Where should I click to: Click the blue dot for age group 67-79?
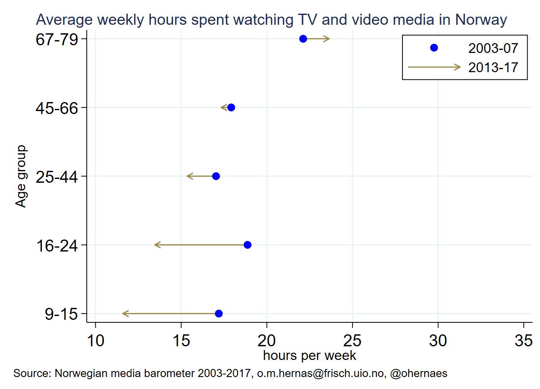tap(303, 39)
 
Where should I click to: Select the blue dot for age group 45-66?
tap(231, 108)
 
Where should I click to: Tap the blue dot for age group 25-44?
tap(216, 176)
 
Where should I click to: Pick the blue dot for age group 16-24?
tap(247, 245)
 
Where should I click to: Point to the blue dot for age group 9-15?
tap(219, 314)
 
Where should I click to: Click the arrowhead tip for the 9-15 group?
tap(123, 314)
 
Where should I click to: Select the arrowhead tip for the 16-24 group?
tap(155, 245)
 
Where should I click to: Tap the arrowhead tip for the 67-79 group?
tap(329, 39)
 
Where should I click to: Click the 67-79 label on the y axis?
tap(56, 39)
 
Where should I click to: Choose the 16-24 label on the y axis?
tap(56, 246)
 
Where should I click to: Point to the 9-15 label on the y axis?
tap(61, 315)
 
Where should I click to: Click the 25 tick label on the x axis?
tap(352, 341)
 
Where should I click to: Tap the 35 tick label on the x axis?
tap(524, 341)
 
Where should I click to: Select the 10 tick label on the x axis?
tap(95, 341)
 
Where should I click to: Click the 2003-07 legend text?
tap(493, 49)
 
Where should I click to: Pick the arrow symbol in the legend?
tap(434, 67)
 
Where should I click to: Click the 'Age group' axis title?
tap(21, 176)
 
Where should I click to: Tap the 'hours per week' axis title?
tap(309, 355)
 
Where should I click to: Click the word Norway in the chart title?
tap(481, 20)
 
